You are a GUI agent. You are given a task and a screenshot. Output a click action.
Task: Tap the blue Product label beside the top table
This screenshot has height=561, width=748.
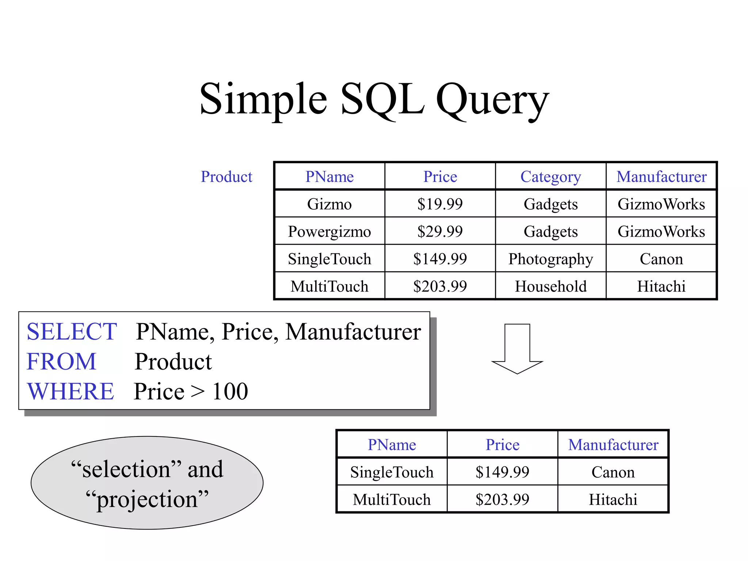(226, 177)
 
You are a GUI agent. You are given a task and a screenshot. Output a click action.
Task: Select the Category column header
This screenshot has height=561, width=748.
(550, 177)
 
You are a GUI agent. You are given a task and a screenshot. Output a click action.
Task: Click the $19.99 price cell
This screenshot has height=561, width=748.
(440, 204)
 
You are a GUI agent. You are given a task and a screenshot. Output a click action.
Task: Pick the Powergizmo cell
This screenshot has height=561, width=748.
(329, 232)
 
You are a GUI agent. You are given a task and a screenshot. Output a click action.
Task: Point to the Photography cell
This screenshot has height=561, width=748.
(550, 259)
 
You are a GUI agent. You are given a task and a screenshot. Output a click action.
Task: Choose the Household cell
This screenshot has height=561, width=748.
(550, 286)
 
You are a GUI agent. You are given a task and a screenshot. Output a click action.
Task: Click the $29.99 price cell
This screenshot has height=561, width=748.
(440, 232)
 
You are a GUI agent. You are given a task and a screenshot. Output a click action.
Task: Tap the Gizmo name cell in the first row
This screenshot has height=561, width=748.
(329, 204)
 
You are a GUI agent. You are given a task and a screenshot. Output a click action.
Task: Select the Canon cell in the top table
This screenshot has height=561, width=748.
(661, 259)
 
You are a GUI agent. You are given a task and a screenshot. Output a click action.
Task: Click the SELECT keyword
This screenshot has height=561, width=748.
(72, 332)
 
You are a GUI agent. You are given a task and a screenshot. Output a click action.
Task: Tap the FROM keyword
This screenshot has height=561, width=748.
(61, 362)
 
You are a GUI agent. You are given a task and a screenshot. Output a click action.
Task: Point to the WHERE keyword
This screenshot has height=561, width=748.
(70, 391)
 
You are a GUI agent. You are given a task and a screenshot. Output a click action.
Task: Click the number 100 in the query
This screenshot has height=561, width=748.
(230, 391)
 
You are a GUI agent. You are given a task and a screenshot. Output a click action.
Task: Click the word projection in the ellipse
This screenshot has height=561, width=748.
(147, 500)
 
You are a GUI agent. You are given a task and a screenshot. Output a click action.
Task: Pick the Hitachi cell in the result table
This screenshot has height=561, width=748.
(613, 500)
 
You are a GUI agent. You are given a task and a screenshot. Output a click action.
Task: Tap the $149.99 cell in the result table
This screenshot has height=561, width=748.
(502, 472)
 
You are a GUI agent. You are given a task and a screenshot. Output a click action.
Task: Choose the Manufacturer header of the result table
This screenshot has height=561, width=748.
(613, 445)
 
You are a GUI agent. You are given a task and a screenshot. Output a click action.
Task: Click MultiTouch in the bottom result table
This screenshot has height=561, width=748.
(392, 500)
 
